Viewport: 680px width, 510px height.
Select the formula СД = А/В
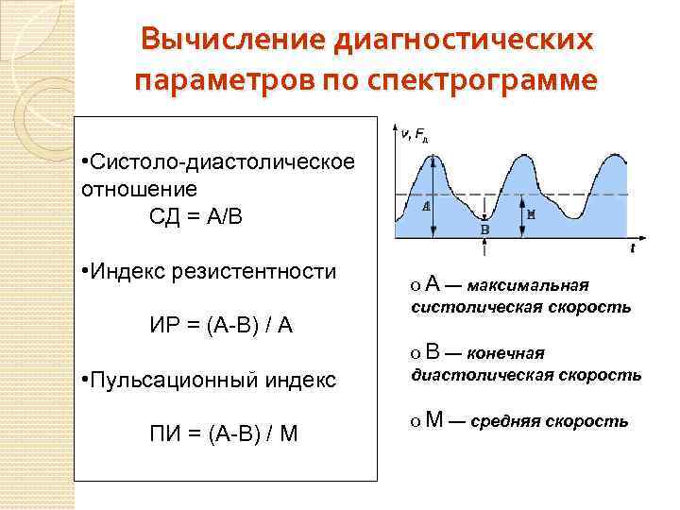(196, 216)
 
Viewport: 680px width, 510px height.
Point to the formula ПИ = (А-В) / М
(223, 434)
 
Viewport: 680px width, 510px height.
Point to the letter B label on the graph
(485, 229)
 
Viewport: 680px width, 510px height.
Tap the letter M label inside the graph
(531, 214)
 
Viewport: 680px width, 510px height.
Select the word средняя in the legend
(505, 421)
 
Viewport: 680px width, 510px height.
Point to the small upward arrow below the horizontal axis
(485, 247)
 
